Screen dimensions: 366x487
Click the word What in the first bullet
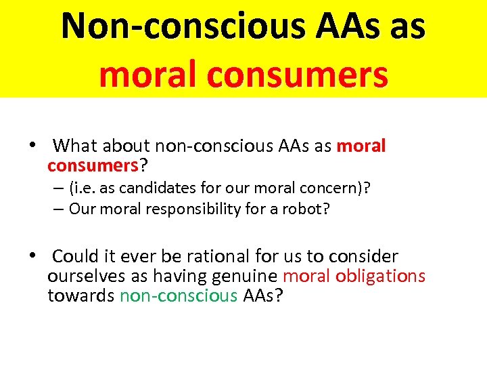(x=76, y=146)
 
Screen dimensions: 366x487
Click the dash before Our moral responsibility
(x=59, y=209)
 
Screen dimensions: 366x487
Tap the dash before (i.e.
(x=59, y=188)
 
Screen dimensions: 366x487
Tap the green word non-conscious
(x=179, y=296)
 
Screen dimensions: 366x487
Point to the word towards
(x=81, y=296)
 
